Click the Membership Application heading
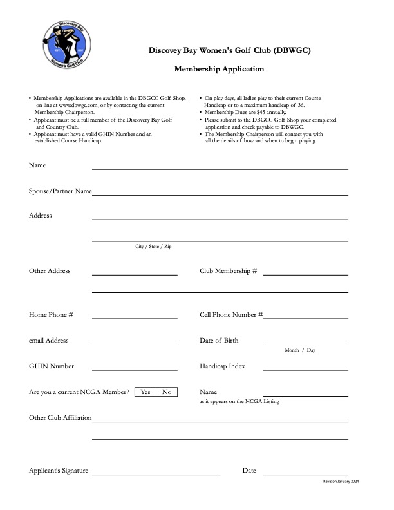point(219,68)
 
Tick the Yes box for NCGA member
point(145,392)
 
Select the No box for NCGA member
point(167,392)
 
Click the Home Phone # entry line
point(135,317)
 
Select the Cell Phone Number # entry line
point(305,317)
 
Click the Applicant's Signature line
point(156,473)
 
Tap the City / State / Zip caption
point(153,247)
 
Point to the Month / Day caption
point(300,350)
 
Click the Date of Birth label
point(219,341)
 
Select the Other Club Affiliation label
point(60,418)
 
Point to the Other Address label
point(50,271)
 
